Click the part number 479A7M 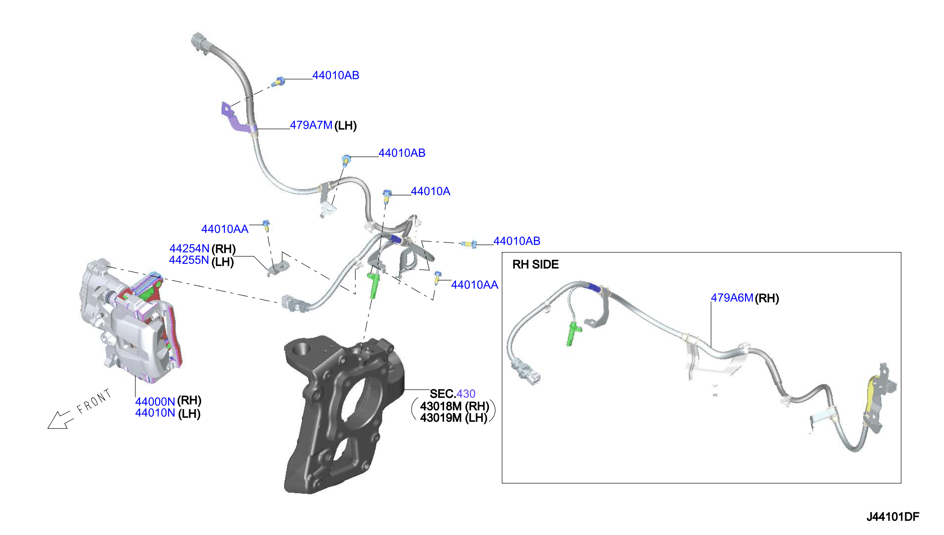click(x=311, y=125)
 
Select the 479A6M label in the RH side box click(x=732, y=298)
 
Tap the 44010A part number click(x=430, y=191)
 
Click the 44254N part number click(x=189, y=248)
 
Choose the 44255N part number click(x=189, y=260)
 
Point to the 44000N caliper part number click(x=155, y=401)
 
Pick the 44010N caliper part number click(x=155, y=413)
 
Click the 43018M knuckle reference click(x=441, y=406)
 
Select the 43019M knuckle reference click(x=441, y=418)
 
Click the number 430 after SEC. click(x=466, y=394)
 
